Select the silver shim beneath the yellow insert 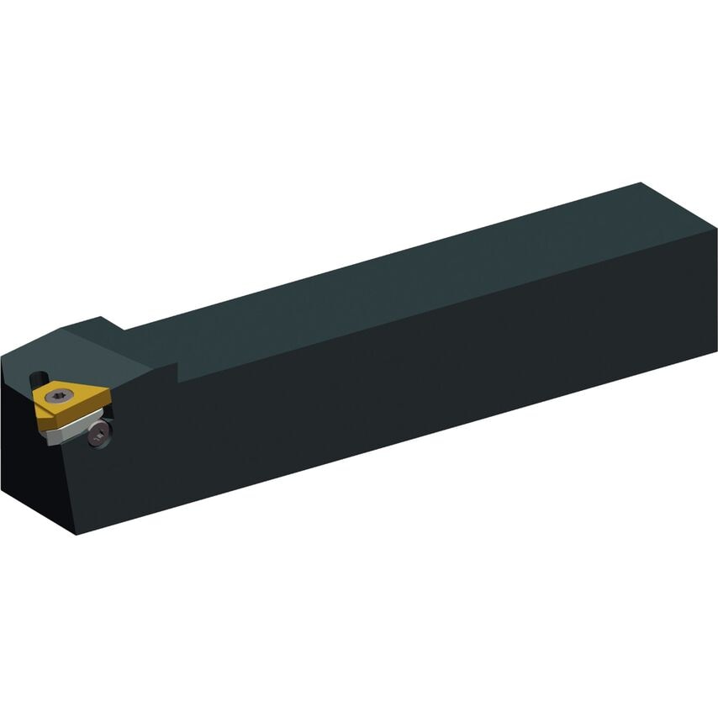point(67,430)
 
